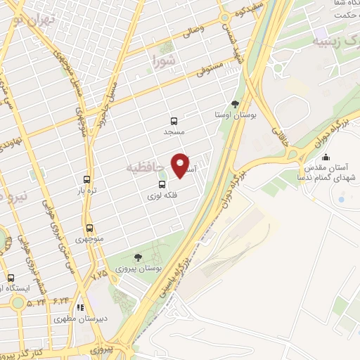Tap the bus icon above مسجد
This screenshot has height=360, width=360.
coord(174,120)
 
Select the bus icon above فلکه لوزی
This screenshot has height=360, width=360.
coord(162,184)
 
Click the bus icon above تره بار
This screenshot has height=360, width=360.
coord(86,179)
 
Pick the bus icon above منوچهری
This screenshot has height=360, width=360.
coord(89,228)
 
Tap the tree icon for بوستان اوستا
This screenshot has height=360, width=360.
coord(235,104)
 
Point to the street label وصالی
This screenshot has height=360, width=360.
coord(191,30)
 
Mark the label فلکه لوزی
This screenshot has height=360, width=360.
coord(162,196)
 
